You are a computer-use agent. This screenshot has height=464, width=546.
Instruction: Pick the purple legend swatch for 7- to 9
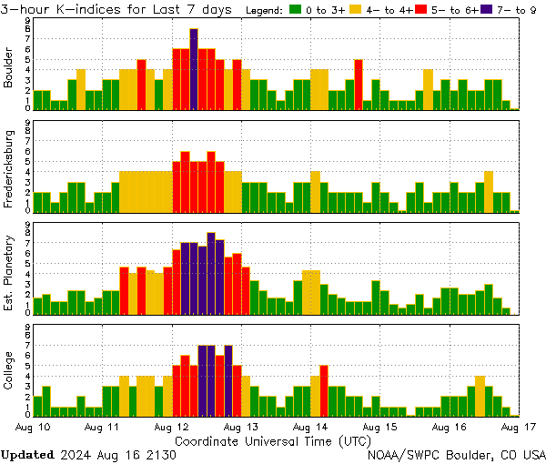[x=488, y=11]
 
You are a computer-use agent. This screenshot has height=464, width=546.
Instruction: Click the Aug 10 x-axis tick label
[x=32, y=426]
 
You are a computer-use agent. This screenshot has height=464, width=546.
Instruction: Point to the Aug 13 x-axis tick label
[x=240, y=426]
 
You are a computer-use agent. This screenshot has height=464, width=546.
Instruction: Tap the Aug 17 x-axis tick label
[x=518, y=426]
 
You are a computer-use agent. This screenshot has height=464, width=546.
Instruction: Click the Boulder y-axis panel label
[x=9, y=68]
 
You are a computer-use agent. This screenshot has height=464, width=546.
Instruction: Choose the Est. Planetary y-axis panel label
[x=9, y=272]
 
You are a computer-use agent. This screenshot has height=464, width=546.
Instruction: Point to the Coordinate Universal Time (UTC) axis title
[x=272, y=440]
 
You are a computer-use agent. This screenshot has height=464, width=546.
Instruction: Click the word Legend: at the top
[x=266, y=11]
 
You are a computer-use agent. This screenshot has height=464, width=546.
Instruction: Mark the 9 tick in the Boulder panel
[x=28, y=19]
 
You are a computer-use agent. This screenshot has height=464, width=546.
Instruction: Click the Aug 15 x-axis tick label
[x=379, y=426]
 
